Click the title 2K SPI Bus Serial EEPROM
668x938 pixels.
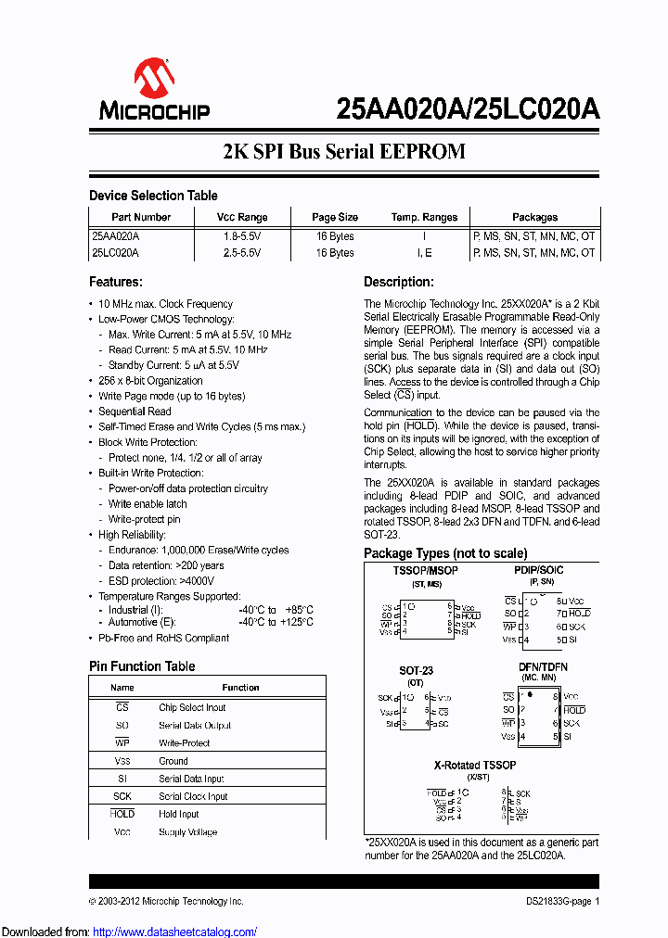tap(343, 151)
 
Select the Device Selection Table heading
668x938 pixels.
tap(153, 196)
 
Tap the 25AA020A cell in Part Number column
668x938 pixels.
tap(116, 236)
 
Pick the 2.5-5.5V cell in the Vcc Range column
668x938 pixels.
tap(242, 252)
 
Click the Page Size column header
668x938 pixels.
tap(335, 217)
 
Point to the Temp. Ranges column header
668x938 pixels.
tap(424, 217)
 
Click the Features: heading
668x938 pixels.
tap(115, 282)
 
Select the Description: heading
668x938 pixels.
tap(398, 282)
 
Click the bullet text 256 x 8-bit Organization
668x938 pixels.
tap(150, 381)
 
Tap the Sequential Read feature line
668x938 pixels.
tap(135, 412)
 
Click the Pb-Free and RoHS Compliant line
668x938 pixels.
tap(163, 639)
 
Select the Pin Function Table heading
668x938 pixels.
tap(142, 666)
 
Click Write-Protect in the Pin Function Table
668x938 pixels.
tap(184, 743)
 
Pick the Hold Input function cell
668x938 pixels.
tap(178, 815)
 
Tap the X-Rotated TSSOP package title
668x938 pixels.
tap(475, 766)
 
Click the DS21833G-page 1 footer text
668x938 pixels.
tap(557, 901)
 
